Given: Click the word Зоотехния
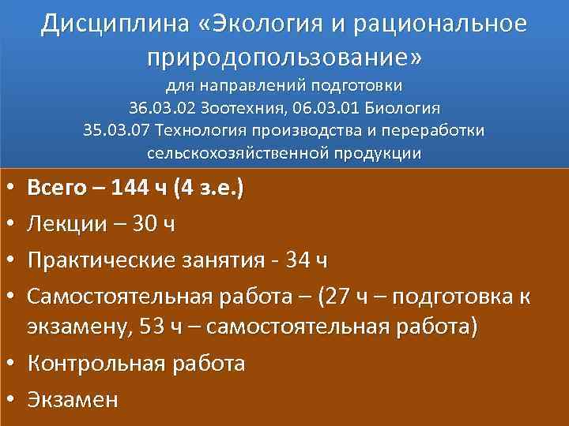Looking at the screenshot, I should pos(232,107).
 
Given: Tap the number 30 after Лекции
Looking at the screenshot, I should pos(144,225).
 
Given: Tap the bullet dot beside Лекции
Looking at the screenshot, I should pos(8,225).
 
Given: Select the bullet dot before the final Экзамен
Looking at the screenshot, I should pos(8,399).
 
